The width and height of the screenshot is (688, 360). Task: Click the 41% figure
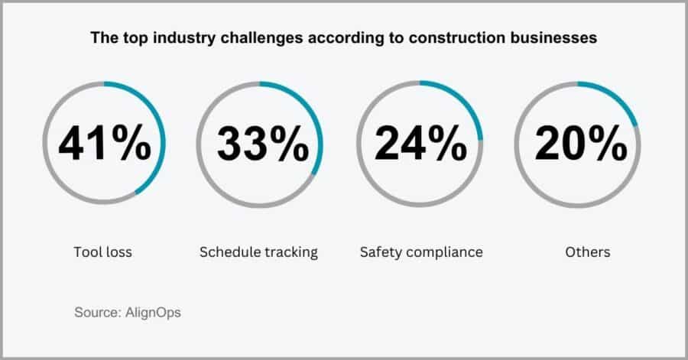point(104,143)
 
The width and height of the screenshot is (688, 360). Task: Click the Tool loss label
point(103,251)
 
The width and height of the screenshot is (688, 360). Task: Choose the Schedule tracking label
point(258,251)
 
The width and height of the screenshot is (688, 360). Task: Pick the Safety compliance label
point(420,251)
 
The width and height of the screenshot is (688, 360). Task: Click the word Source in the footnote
point(96,313)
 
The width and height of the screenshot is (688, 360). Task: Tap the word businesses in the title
point(558,37)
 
